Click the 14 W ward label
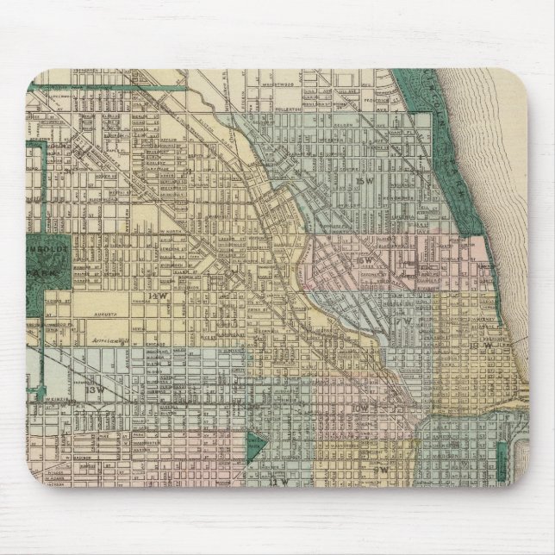click(156, 298)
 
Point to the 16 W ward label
click(366, 259)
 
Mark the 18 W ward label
click(487, 346)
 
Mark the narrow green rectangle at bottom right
click(503, 462)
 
